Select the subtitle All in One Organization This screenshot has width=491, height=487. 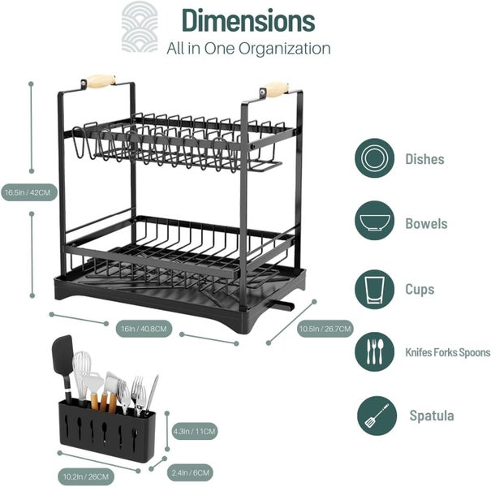(248, 49)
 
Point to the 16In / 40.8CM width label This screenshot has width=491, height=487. (143, 329)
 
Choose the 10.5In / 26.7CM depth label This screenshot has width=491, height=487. (325, 329)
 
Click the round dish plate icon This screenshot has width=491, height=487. (374, 158)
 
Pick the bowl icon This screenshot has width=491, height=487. (374, 223)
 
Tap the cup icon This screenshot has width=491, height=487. (374, 289)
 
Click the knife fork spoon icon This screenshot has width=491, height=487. (374, 351)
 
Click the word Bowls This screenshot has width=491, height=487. (426, 223)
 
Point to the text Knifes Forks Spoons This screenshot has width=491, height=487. (447, 352)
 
